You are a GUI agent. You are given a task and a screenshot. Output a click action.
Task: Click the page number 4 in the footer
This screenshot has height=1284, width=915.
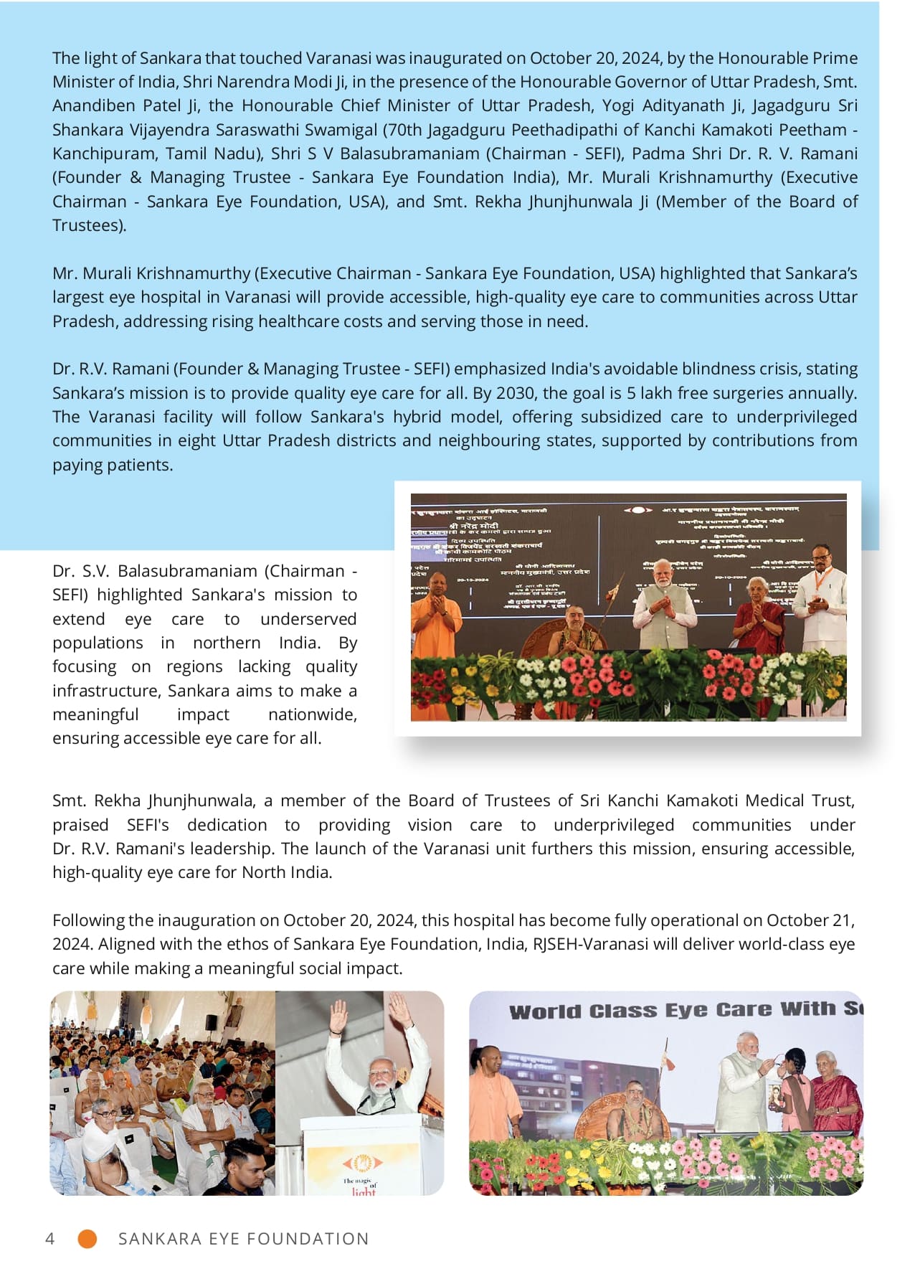49,1239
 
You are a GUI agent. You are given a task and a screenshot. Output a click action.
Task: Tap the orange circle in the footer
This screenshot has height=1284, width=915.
87,1239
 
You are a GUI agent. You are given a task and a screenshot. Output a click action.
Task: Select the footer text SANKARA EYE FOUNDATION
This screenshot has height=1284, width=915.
243,1239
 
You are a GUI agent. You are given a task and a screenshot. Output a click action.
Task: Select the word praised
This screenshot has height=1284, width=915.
80,825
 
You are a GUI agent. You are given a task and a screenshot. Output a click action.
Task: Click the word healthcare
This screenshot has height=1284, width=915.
301,321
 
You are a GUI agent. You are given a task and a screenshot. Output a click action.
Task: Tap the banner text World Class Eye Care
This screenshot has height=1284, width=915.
674,1011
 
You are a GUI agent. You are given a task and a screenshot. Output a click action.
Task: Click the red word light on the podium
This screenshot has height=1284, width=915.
364,1191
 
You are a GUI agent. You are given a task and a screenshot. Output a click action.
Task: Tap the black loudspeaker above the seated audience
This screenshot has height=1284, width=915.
212,1021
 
